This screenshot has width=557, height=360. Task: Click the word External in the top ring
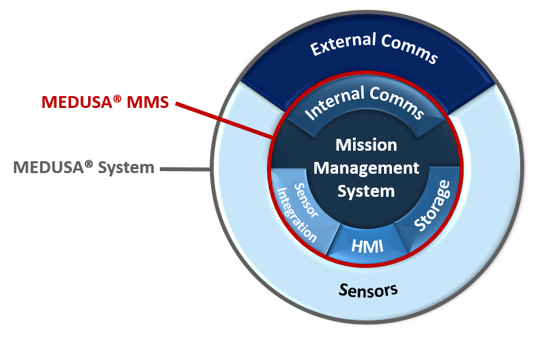click(x=343, y=43)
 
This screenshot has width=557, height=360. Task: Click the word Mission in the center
click(x=366, y=145)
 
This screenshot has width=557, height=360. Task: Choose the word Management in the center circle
click(x=366, y=168)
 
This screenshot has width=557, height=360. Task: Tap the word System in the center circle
click(x=366, y=192)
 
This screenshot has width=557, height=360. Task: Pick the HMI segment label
click(x=368, y=246)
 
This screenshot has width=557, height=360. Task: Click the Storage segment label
click(x=432, y=206)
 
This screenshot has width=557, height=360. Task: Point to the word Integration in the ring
click(x=297, y=215)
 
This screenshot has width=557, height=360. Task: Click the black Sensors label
click(x=368, y=290)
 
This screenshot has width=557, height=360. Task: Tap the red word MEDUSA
click(x=77, y=103)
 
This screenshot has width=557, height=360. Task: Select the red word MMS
click(x=148, y=103)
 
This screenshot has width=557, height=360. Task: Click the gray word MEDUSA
click(x=48, y=167)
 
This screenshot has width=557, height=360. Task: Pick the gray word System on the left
click(x=126, y=167)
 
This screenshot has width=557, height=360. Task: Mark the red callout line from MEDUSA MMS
click(x=224, y=120)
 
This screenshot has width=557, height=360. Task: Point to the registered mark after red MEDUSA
click(x=117, y=99)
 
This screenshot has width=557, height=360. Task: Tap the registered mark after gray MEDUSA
click(x=89, y=164)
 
